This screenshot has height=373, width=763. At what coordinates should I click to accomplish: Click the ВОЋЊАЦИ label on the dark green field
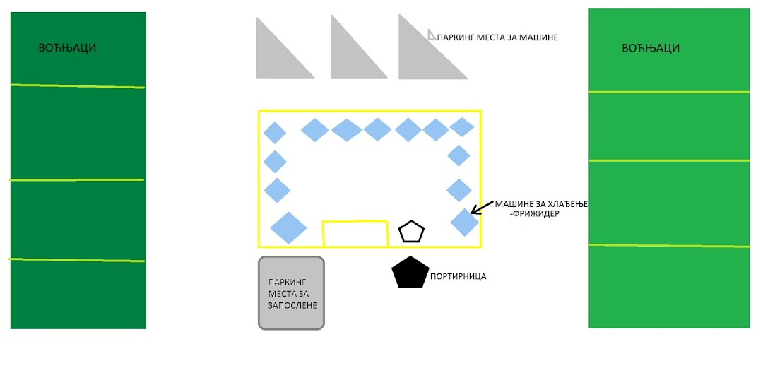pyautogui.click(x=67, y=47)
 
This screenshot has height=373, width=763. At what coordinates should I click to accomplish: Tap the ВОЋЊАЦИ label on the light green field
pyautogui.click(x=651, y=48)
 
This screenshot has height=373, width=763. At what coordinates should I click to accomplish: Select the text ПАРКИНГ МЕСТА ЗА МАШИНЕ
pyautogui.click(x=497, y=37)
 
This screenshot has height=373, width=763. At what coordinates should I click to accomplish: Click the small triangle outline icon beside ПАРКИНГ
pyautogui.click(x=432, y=34)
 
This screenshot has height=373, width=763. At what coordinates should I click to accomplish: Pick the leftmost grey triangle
pyautogui.click(x=276, y=59)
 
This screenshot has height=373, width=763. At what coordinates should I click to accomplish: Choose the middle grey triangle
pyautogui.click(x=350, y=59)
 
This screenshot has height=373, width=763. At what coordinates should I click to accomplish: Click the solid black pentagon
pyautogui.click(x=410, y=273)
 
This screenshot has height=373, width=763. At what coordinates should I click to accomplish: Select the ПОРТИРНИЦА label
pyautogui.click(x=458, y=277)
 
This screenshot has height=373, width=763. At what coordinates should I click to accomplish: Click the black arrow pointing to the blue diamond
pyautogui.click(x=482, y=207)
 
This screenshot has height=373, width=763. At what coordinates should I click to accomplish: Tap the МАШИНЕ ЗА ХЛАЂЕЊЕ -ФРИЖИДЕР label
pyautogui.click(x=540, y=208)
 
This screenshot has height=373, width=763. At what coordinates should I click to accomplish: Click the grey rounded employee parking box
pyautogui.click(x=291, y=292)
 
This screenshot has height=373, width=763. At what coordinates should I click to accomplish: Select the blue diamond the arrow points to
pyautogui.click(x=465, y=223)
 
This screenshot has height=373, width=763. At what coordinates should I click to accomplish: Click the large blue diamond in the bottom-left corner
pyautogui.click(x=288, y=227)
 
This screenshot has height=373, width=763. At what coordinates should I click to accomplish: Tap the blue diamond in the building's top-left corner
pyautogui.click(x=274, y=133)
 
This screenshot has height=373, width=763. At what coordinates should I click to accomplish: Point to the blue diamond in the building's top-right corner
pyautogui.click(x=462, y=127)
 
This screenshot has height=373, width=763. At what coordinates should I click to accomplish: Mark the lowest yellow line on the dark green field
pyautogui.click(x=78, y=260)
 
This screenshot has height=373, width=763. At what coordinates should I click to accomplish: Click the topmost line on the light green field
pyautogui.click(x=669, y=91)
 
